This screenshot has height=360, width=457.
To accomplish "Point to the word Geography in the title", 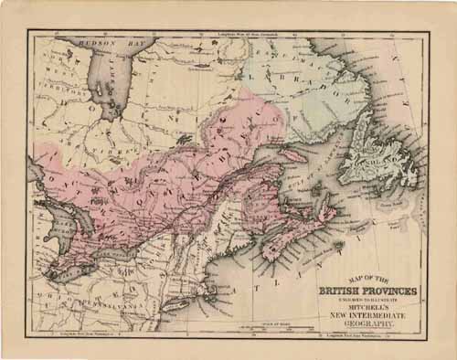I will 367,324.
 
